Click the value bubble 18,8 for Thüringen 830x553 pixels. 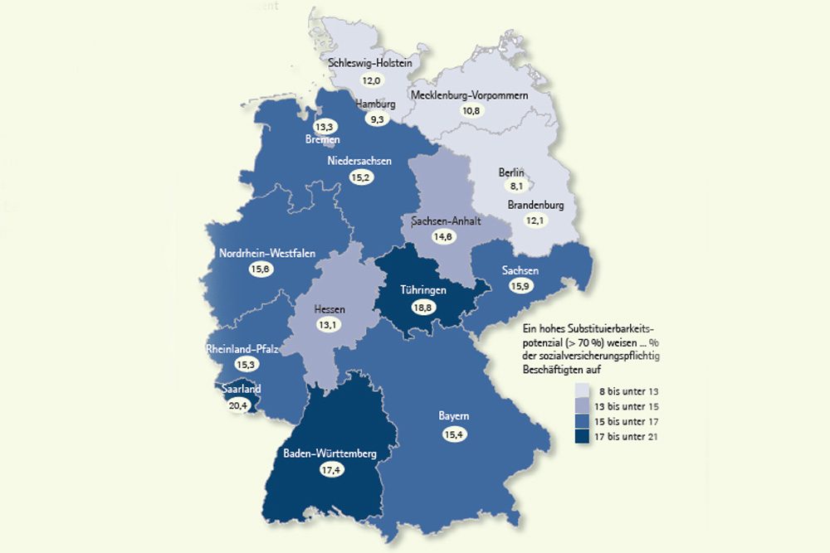tap(422, 307)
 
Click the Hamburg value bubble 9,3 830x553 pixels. tap(377, 119)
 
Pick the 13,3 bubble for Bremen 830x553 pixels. tap(325, 127)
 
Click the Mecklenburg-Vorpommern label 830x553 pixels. tap(470, 95)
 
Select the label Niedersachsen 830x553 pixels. tap(359, 162)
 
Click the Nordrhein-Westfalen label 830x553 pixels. tap(267, 254)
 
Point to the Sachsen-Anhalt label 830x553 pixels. tap(446, 221)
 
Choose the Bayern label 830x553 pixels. tap(454, 416)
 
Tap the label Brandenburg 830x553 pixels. tap(536, 205)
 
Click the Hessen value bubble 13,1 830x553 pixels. tap(330, 325)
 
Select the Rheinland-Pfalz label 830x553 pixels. tap(242, 350)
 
